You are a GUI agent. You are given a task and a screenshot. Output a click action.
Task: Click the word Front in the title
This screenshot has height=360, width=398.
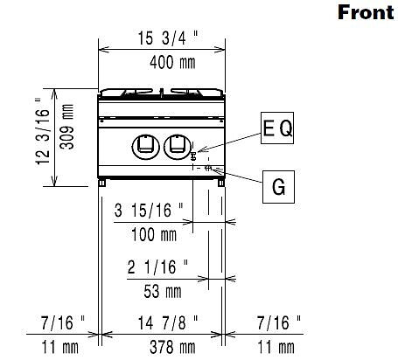click(366, 12)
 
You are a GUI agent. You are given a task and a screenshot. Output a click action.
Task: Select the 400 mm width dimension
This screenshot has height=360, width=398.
click(172, 63)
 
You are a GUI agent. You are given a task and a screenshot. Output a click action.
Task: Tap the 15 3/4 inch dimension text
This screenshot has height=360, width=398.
click(168, 38)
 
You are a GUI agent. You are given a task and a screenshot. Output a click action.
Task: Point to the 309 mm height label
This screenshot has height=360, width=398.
click(66, 127)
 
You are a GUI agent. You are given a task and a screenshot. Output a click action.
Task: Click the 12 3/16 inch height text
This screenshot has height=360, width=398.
click(43, 132)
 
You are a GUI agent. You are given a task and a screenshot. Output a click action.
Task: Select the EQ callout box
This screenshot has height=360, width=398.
click(277, 128)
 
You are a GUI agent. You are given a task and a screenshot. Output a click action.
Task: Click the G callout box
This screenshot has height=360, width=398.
click(278, 187)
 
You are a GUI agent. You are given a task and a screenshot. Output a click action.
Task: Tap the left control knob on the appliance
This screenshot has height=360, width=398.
click(146, 148)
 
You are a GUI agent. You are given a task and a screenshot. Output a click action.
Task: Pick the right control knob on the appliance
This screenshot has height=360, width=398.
click(178, 148)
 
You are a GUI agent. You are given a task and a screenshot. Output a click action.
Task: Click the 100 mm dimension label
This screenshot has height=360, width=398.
click(154, 234)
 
